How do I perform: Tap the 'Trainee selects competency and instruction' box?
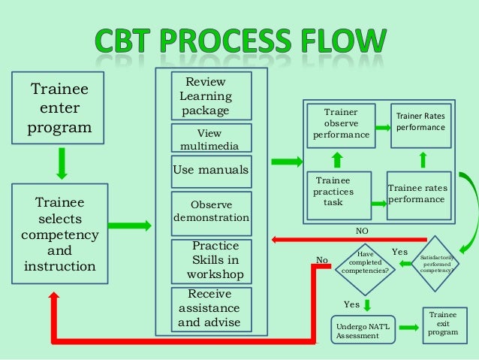(x=59, y=235)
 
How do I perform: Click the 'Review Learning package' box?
(x=210, y=96)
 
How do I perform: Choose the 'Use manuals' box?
(x=210, y=171)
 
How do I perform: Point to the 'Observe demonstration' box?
(x=210, y=211)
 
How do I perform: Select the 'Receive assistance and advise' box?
(x=210, y=308)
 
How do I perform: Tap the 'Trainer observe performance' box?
(x=341, y=125)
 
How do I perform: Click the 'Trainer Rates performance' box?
(x=420, y=125)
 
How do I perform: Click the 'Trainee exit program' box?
(x=442, y=322)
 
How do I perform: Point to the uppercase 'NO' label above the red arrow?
(x=363, y=231)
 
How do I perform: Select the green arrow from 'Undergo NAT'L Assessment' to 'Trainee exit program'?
(x=408, y=328)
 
